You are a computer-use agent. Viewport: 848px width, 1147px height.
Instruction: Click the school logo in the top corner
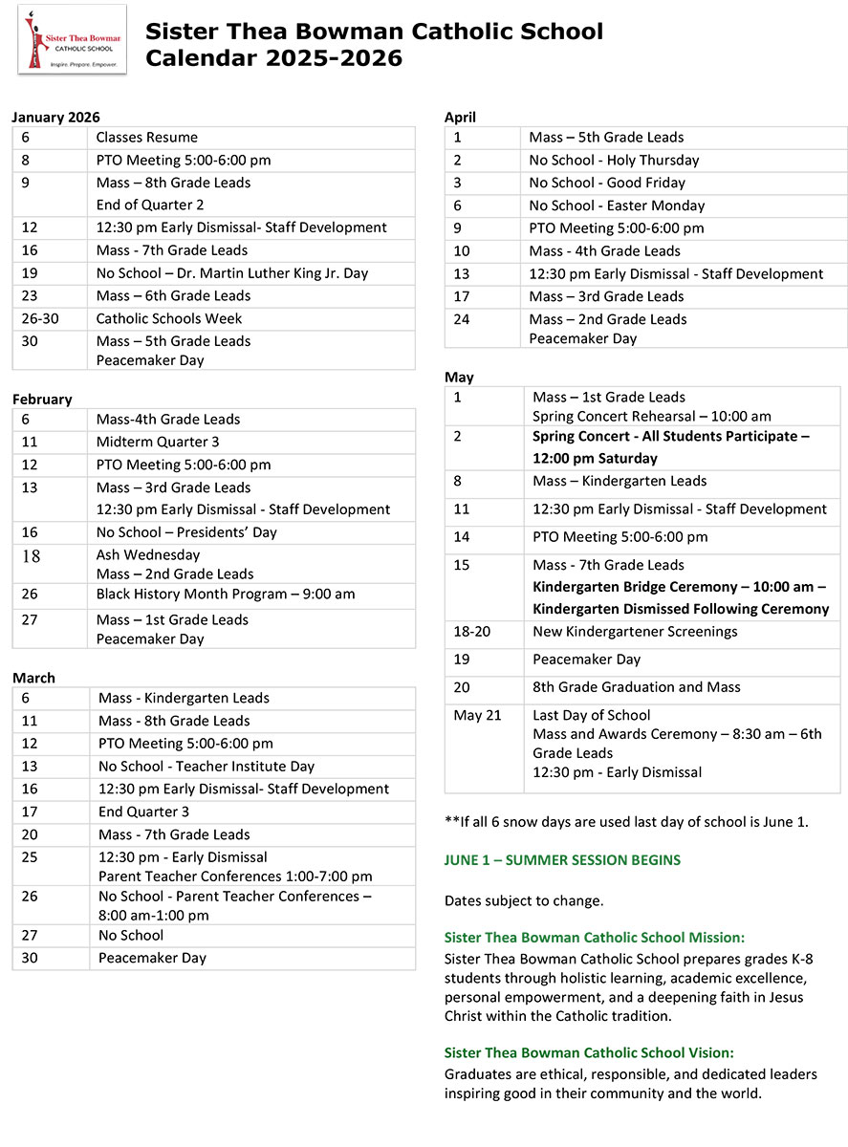(72, 39)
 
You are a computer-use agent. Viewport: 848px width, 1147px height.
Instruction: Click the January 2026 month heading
(55, 118)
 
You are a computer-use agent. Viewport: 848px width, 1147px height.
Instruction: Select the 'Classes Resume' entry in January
(146, 138)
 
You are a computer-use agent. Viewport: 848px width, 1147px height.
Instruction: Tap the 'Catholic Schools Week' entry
(169, 319)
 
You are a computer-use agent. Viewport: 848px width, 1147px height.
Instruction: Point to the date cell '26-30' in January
(40, 319)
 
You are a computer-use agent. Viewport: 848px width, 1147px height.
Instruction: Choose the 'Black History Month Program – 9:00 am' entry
(225, 595)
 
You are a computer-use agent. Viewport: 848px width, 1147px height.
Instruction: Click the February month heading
(42, 400)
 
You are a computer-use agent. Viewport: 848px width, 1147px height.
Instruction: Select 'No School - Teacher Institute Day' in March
(207, 767)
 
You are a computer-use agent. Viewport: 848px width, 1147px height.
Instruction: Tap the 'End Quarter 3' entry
(143, 812)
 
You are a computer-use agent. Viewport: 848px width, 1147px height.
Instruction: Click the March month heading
(34, 678)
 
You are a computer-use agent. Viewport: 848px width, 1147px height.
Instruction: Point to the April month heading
(460, 118)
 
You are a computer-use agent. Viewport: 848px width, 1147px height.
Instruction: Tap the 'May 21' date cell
(477, 715)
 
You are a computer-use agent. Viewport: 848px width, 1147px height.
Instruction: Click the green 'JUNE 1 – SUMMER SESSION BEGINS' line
(562, 860)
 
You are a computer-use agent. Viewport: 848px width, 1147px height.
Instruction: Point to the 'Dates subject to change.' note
(524, 901)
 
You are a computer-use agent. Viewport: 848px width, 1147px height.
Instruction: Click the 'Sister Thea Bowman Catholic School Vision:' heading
(589, 1052)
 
